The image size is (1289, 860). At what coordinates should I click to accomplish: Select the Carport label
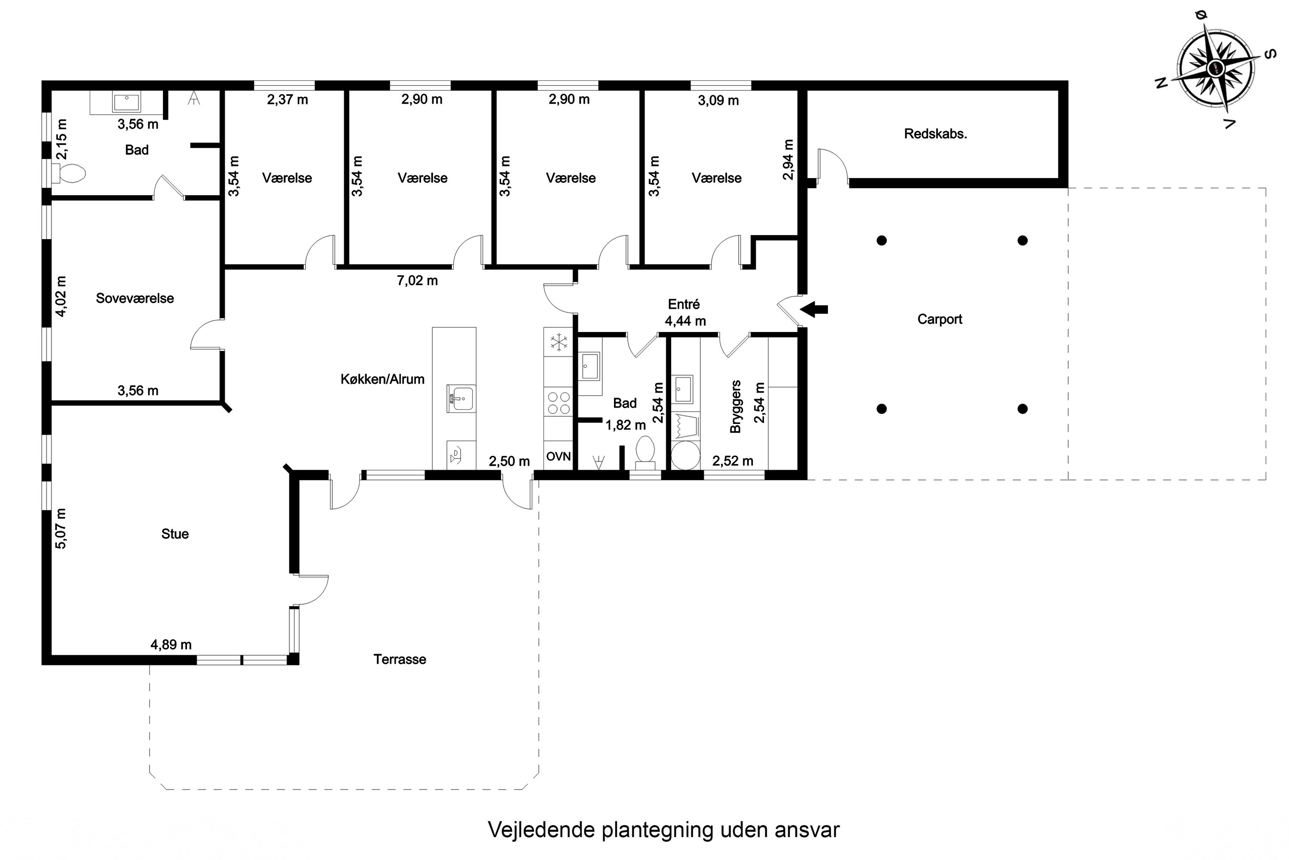940,319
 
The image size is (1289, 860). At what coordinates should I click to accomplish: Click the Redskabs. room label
935,134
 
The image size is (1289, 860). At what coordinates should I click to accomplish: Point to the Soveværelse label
135,298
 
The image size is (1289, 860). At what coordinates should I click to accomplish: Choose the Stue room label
175,534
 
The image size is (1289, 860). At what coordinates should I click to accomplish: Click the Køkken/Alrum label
382,379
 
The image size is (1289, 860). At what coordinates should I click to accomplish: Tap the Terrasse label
400,659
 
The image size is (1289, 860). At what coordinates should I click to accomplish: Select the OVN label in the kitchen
559,456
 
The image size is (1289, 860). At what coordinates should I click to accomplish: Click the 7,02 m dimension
417,281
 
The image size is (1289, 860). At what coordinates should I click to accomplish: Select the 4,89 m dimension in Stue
171,645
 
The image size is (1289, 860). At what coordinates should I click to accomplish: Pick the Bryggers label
736,406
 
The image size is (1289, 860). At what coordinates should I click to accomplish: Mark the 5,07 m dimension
61,528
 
